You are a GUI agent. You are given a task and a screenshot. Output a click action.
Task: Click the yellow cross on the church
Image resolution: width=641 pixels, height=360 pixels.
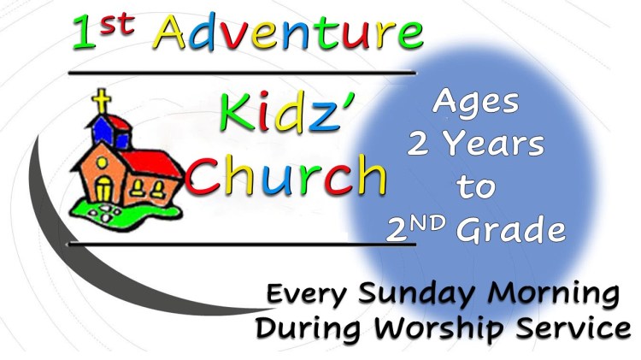103,102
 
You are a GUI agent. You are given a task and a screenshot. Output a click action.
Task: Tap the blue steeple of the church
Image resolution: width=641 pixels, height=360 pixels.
104,131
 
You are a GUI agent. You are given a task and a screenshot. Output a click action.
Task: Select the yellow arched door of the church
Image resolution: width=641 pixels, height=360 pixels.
103,189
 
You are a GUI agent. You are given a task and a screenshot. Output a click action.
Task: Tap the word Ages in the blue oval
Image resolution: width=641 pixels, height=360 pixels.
476,103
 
